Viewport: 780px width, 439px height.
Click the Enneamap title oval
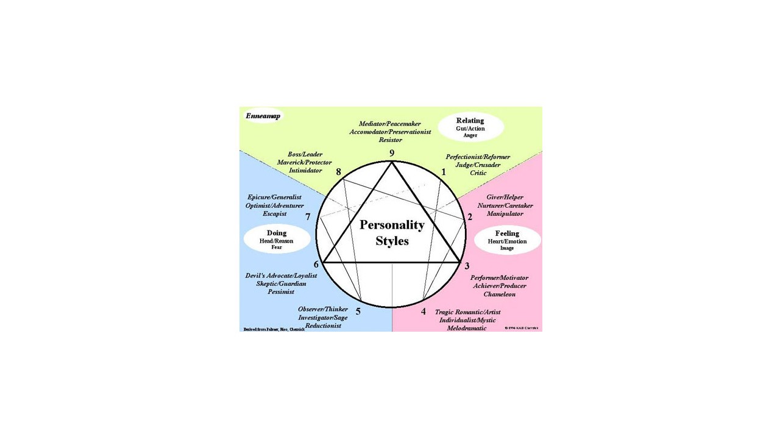pyautogui.click(x=263, y=116)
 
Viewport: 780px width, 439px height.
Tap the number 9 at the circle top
pyautogui.click(x=392, y=153)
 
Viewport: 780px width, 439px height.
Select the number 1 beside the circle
pyautogui.click(x=444, y=173)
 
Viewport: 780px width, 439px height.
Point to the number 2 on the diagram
pyautogui.click(x=470, y=216)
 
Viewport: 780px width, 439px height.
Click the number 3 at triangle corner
pyautogui.click(x=467, y=265)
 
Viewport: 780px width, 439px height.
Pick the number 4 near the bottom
pyautogui.click(x=424, y=312)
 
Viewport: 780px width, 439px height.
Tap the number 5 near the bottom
pyautogui.click(x=358, y=312)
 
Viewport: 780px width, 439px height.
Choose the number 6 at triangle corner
pyautogui.click(x=316, y=265)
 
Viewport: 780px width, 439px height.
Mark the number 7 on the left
pyautogui.click(x=308, y=217)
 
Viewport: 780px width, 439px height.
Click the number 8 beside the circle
pyautogui.click(x=338, y=172)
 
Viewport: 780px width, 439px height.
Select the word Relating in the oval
pyautogui.click(x=470, y=121)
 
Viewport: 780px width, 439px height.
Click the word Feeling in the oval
pyautogui.click(x=507, y=234)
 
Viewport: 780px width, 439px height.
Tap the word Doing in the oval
pyautogui.click(x=277, y=233)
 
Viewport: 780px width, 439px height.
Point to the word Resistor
pyautogui.click(x=390, y=140)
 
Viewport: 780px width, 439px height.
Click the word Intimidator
pyautogui.click(x=305, y=171)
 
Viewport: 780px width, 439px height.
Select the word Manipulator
pyautogui.click(x=505, y=214)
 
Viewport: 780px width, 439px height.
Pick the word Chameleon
pyautogui.click(x=499, y=294)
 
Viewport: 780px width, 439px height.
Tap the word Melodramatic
pyautogui.click(x=467, y=329)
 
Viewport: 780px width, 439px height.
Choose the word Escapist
pyautogui.click(x=274, y=214)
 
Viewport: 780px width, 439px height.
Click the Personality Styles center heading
pyautogui.click(x=392, y=232)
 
